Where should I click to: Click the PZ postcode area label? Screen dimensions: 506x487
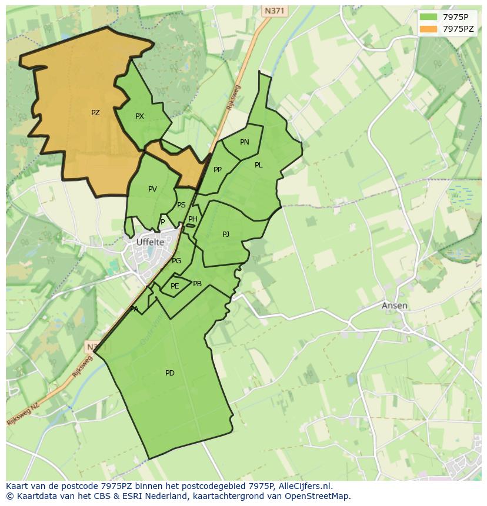pyautogui.click(x=95, y=113)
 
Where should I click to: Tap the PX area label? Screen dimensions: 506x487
pyautogui.click(x=139, y=116)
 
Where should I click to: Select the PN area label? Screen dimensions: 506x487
pyautogui.click(x=245, y=142)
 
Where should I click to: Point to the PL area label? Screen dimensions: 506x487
pyautogui.click(x=259, y=165)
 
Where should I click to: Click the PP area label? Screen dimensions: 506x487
pyautogui.click(x=218, y=170)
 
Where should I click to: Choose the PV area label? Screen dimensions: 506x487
pyautogui.click(x=153, y=189)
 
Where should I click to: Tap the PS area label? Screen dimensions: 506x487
pyautogui.click(x=181, y=205)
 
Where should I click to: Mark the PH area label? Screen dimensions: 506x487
pyautogui.click(x=193, y=219)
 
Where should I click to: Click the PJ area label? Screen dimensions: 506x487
pyautogui.click(x=226, y=234)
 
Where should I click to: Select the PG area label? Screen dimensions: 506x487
pyautogui.click(x=176, y=261)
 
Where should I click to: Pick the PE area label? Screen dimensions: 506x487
pyautogui.click(x=175, y=286)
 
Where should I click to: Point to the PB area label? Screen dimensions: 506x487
pyautogui.click(x=198, y=284)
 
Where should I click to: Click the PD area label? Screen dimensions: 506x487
pyautogui.click(x=170, y=373)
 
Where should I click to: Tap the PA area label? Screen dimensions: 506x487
pyautogui.click(x=134, y=309)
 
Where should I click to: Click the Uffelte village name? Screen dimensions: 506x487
pyautogui.click(x=150, y=242)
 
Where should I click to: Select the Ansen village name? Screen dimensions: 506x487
pyautogui.click(x=394, y=306)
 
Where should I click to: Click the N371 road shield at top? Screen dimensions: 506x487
pyautogui.click(x=273, y=11)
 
